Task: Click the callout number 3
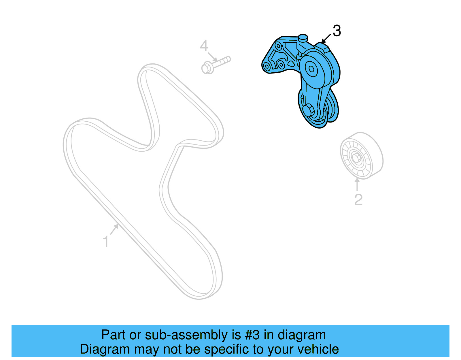pyautogui.click(x=337, y=31)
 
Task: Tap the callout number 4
pyautogui.click(x=204, y=46)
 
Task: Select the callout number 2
pyautogui.click(x=358, y=199)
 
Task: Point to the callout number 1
pyautogui.click(x=106, y=242)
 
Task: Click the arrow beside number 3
pyautogui.click(x=326, y=39)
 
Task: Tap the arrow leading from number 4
pyautogui.click(x=212, y=57)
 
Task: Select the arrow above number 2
pyautogui.click(x=357, y=184)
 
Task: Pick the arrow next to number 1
pyautogui.click(x=114, y=229)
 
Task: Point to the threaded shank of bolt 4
pyautogui.click(x=222, y=61)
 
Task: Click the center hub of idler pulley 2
pyautogui.click(x=356, y=158)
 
